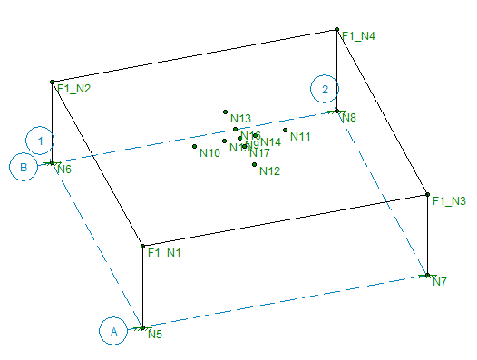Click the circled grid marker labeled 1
(40, 141)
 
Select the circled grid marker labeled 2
(325, 89)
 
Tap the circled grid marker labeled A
(113, 332)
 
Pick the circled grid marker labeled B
(24, 167)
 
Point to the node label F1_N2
(74, 89)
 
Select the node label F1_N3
(449, 200)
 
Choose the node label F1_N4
(358, 36)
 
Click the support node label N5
(155, 335)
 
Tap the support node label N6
(63, 169)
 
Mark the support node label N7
(440, 281)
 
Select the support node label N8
(349, 118)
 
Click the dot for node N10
(195, 146)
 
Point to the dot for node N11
(285, 130)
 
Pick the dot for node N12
(255, 164)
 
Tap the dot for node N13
(225, 112)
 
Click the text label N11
(301, 137)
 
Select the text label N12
(269, 171)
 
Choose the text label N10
(209, 153)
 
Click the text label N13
(240, 119)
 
